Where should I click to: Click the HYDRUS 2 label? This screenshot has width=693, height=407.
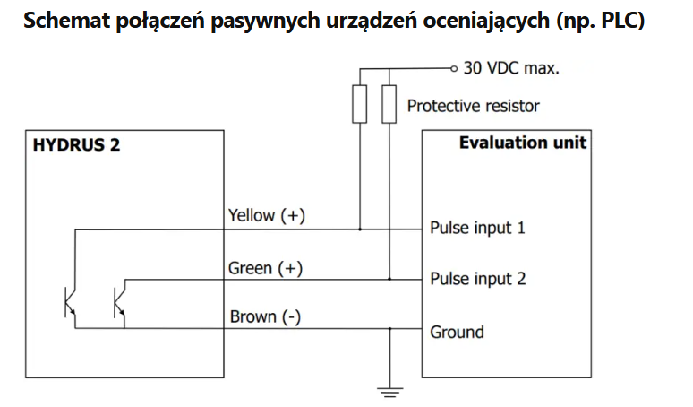(x=76, y=144)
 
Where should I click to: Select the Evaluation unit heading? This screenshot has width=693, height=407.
(x=523, y=143)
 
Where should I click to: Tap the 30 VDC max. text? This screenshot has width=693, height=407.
(x=511, y=68)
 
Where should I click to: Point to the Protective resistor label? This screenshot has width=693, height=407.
(x=474, y=106)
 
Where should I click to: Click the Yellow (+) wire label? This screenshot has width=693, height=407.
(x=267, y=215)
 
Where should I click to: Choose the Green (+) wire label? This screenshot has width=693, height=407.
(x=265, y=268)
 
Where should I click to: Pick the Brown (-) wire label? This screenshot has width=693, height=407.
(x=265, y=316)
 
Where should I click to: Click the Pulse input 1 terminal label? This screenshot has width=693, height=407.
(x=477, y=228)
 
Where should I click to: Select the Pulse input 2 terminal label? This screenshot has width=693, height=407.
(x=478, y=279)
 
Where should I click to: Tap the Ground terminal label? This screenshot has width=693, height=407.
(x=457, y=332)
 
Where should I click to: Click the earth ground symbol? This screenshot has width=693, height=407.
(x=389, y=392)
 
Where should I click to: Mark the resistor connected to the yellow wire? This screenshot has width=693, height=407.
(x=359, y=104)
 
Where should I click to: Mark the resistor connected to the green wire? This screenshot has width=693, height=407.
(x=389, y=104)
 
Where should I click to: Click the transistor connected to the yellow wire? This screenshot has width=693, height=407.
(x=70, y=303)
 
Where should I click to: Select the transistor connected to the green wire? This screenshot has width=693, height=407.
(x=119, y=303)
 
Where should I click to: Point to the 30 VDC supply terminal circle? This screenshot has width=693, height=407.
(x=453, y=68)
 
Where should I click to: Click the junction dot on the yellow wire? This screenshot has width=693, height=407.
(x=360, y=229)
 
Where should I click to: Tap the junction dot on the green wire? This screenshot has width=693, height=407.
(x=389, y=279)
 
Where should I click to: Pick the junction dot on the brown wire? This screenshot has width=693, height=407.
(x=389, y=329)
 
